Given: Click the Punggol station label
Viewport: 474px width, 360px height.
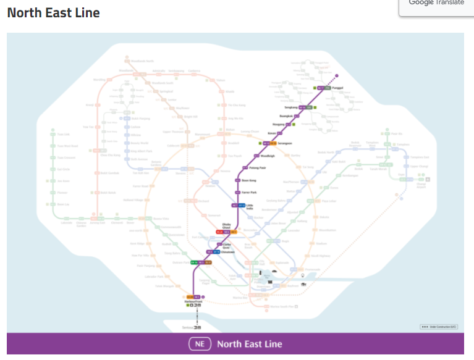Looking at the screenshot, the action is click(x=337, y=88).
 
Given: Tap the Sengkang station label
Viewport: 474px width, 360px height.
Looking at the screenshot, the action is click(x=291, y=107).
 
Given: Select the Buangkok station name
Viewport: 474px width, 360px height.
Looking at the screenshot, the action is click(x=286, y=115).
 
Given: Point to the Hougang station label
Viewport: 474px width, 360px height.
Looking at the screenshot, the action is click(x=280, y=124).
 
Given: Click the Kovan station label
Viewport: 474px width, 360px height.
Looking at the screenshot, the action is click(x=271, y=133).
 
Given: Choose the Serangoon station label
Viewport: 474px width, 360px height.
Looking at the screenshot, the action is click(x=285, y=143).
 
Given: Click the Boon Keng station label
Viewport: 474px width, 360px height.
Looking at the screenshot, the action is click(x=248, y=180).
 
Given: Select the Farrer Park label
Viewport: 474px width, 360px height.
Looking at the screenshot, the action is click(x=250, y=193).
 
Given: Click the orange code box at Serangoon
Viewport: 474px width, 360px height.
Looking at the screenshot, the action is click(x=273, y=143).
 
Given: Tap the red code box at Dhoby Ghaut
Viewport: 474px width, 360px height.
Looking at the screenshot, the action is click(x=219, y=232).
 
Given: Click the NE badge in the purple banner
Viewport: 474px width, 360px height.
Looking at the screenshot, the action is click(x=200, y=344).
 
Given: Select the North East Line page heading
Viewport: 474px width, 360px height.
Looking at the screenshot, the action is click(x=53, y=12).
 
